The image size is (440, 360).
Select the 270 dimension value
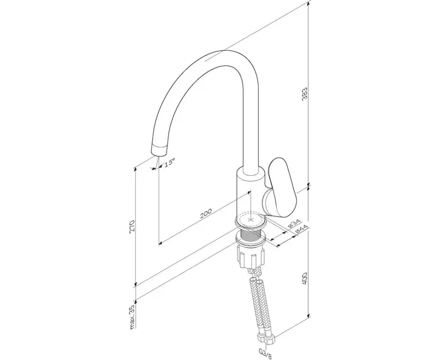pos(132,226)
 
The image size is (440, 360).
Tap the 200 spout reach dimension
pos(206,214)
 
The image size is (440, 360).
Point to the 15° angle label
pos(170,163)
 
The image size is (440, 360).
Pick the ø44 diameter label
pos(302,229)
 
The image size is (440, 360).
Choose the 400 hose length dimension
pos(305,278)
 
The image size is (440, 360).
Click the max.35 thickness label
pos(133,317)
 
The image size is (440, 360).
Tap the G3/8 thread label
pos(265,353)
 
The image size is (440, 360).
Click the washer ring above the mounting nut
pos(251,241)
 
